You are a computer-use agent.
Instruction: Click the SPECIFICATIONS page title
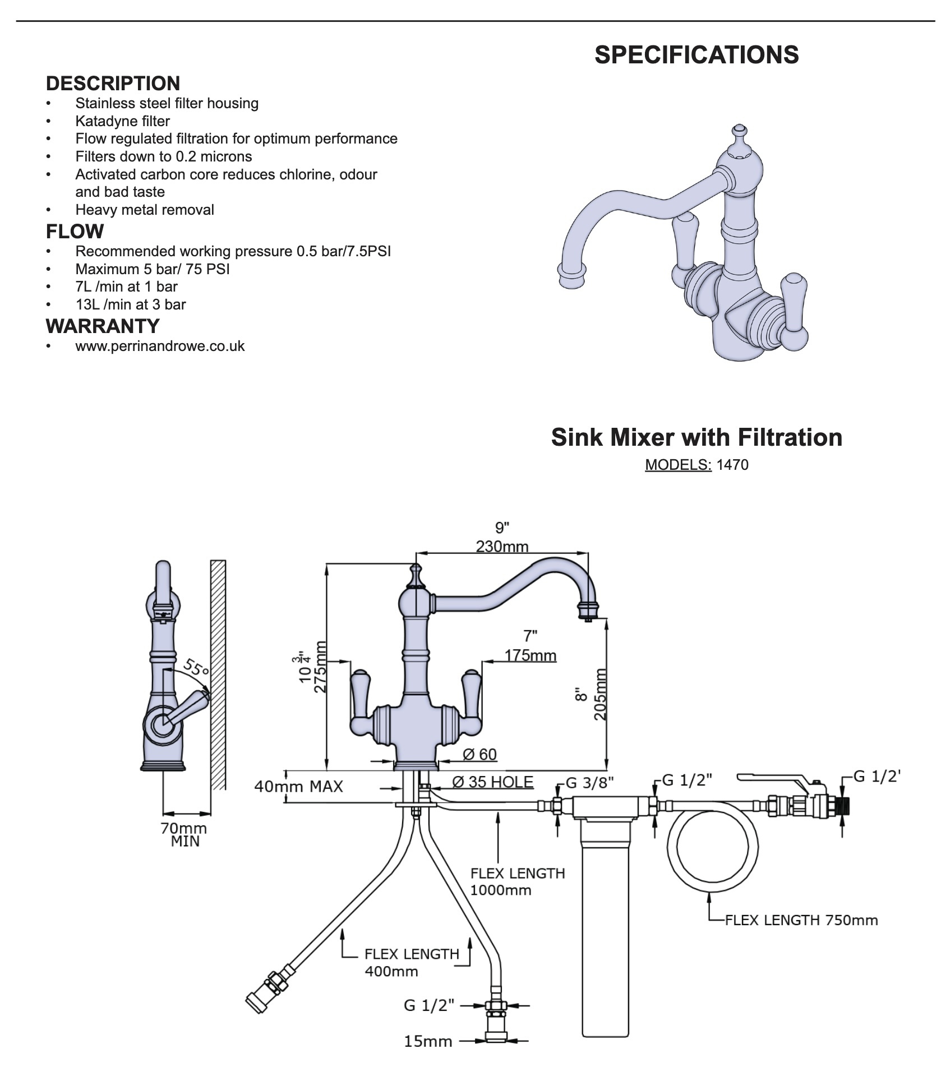click(x=697, y=55)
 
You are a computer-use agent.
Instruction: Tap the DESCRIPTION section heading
click(x=113, y=84)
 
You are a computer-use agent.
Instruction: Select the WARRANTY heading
click(x=103, y=326)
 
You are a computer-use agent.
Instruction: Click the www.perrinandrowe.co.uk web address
click(x=160, y=346)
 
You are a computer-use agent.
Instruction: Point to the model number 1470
click(x=732, y=465)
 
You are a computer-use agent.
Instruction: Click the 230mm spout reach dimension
click(x=502, y=546)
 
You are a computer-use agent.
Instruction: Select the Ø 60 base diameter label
click(x=479, y=754)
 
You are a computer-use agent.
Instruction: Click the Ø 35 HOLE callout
click(x=492, y=782)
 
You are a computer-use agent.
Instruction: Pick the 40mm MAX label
click(x=298, y=786)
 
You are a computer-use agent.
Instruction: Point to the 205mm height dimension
click(x=599, y=694)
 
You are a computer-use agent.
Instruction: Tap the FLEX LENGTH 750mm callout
click(x=801, y=920)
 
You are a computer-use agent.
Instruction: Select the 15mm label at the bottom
click(x=428, y=1041)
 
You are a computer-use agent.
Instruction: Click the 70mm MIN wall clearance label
click(x=183, y=835)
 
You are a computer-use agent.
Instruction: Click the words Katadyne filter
click(x=122, y=121)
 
